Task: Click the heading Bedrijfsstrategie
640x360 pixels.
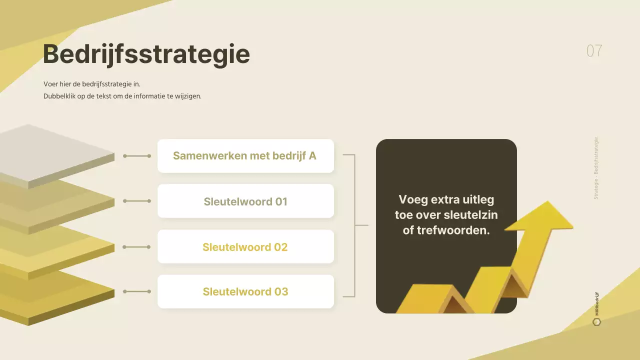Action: pos(146,54)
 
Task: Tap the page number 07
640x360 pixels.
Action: pos(594,51)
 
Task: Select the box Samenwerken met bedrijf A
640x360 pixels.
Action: pos(245,156)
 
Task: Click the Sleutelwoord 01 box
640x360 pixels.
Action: pos(245,201)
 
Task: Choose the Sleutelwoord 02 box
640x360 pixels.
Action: pos(245,247)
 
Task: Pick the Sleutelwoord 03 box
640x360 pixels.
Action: pos(245,291)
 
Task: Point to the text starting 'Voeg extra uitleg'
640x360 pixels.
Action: pos(446,215)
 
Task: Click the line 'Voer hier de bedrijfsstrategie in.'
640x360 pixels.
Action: pos(92,84)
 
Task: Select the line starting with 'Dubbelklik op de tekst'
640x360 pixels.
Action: pos(122,96)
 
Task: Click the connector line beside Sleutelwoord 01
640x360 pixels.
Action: pos(137,201)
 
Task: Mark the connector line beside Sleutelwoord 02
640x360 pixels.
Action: pos(137,247)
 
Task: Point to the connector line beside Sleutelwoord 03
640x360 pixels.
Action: pos(137,291)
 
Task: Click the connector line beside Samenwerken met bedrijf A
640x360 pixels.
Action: pos(137,156)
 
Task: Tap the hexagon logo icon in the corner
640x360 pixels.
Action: pos(596,321)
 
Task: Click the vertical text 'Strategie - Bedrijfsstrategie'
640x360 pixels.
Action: pos(596,168)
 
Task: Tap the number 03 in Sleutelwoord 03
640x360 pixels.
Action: pos(281,291)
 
